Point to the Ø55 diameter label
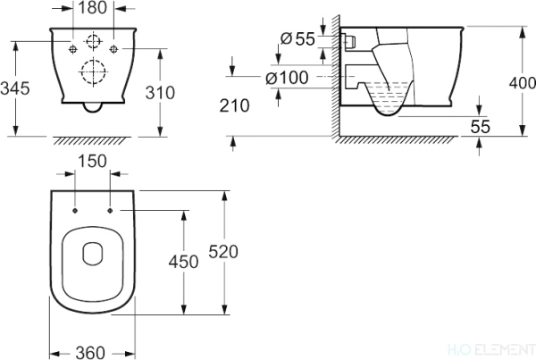295,38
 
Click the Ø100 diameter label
288,78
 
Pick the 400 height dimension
523,82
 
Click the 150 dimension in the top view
93,162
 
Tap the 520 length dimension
223,253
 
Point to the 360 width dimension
93,350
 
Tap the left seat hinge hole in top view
76,212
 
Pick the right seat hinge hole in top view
110,212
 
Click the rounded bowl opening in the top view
93,255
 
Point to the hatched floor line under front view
93,141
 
